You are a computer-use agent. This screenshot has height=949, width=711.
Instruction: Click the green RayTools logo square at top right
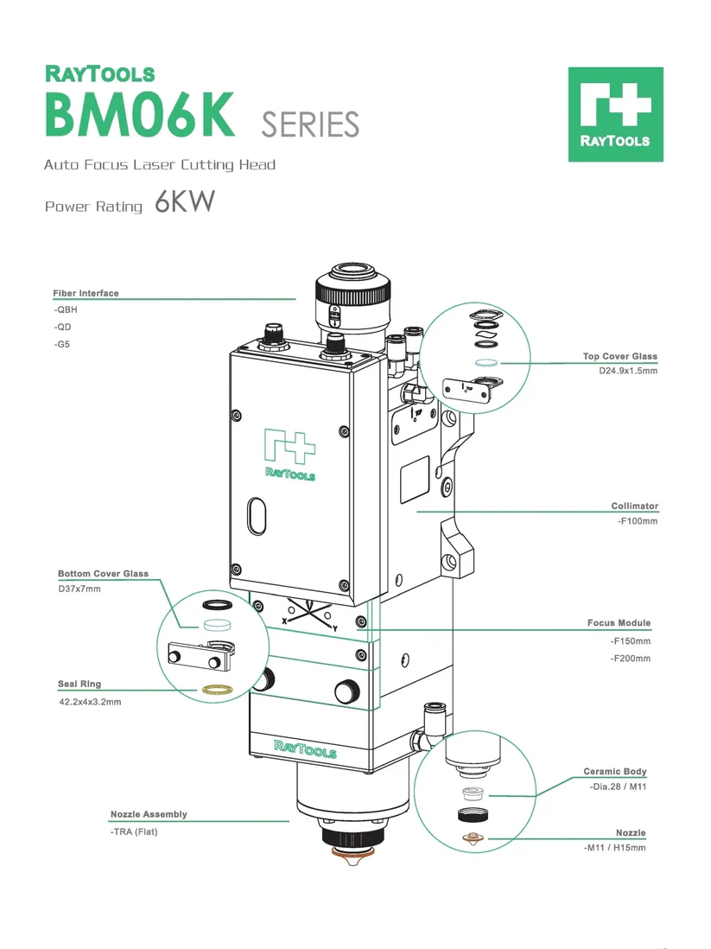click(x=615, y=114)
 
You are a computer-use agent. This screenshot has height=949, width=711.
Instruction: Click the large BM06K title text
click(x=139, y=115)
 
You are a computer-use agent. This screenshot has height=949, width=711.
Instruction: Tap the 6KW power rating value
click(x=184, y=203)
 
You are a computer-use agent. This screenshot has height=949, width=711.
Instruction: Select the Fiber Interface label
click(x=86, y=293)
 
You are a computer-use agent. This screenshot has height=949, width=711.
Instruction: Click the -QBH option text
click(x=66, y=309)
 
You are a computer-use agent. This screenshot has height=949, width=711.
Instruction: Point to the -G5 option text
click(x=62, y=343)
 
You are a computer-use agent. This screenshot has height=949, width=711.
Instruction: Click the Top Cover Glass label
click(x=619, y=356)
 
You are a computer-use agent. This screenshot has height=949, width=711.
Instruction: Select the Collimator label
click(x=635, y=506)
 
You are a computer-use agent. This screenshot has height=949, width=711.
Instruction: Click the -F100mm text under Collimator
click(x=637, y=521)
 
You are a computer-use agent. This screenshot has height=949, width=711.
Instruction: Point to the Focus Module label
click(x=619, y=622)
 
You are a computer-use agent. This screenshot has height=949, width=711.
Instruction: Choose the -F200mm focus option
click(x=630, y=659)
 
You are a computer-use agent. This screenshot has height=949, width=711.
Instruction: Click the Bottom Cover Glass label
click(x=103, y=573)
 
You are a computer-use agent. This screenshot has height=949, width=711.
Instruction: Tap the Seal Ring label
click(x=79, y=684)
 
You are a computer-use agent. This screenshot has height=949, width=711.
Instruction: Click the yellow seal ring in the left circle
click(x=215, y=689)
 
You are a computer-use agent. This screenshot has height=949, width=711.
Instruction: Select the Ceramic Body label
click(x=615, y=771)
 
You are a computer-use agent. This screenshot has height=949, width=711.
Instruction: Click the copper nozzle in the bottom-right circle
click(x=472, y=837)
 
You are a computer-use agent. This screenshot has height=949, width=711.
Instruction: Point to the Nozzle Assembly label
click(x=149, y=814)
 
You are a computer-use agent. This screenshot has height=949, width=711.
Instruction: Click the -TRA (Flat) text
click(x=134, y=831)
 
